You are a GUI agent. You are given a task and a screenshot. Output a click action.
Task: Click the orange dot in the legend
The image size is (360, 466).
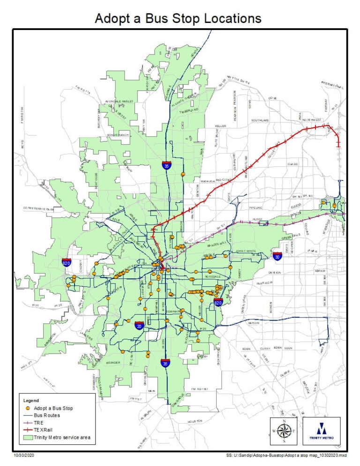click(x=28, y=408)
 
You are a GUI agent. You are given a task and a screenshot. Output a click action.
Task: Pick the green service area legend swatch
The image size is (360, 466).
click(x=28, y=437)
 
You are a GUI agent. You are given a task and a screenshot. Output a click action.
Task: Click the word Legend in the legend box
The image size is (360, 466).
click(x=31, y=400)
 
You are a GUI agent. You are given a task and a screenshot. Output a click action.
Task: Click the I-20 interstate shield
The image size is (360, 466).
click(x=139, y=325)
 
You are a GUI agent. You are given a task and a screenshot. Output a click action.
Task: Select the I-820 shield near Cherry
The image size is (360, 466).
click(x=67, y=263)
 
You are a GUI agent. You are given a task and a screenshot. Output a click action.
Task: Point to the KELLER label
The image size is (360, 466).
click(x=221, y=126)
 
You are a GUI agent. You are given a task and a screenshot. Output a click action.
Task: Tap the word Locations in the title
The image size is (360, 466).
click(x=225, y=19)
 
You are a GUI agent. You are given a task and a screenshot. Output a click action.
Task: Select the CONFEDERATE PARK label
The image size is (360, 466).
click(x=37, y=207)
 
